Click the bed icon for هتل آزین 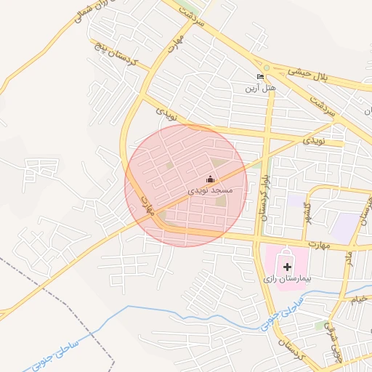[x=261, y=77]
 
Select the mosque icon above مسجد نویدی [x=211, y=179]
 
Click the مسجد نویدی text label [x=210, y=190]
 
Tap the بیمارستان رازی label [x=287, y=278]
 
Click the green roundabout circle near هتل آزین [x=267, y=68]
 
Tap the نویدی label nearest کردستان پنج [x=166, y=111]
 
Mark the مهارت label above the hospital [x=317, y=245]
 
